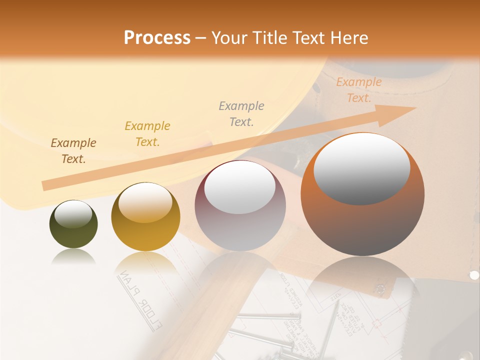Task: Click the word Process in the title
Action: pyautogui.click(x=157, y=37)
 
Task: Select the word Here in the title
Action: pyautogui.click(x=348, y=38)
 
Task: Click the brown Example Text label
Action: pyautogui.click(x=73, y=151)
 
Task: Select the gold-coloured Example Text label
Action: pyautogui.click(x=147, y=134)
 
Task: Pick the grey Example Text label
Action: pyautogui.click(x=241, y=113)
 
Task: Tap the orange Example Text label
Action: pyautogui.click(x=359, y=90)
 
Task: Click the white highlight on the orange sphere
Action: pyautogui.click(x=362, y=168)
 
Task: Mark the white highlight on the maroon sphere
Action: pyautogui.click(x=240, y=186)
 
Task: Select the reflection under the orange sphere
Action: pyautogui.click(x=362, y=280)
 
